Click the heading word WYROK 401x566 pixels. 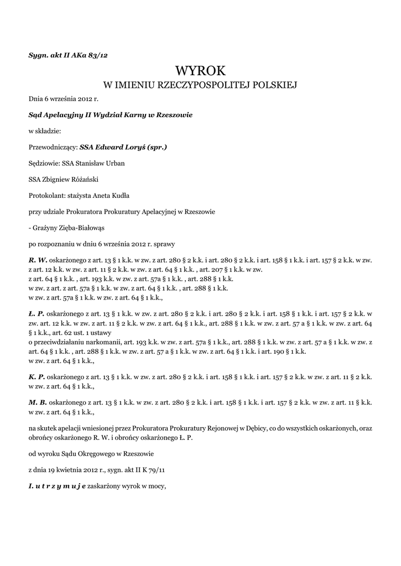(x=200, y=70)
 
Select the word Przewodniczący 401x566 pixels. (x=53, y=147)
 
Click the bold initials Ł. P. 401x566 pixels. (x=37, y=313)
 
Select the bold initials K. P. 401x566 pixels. (x=37, y=376)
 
